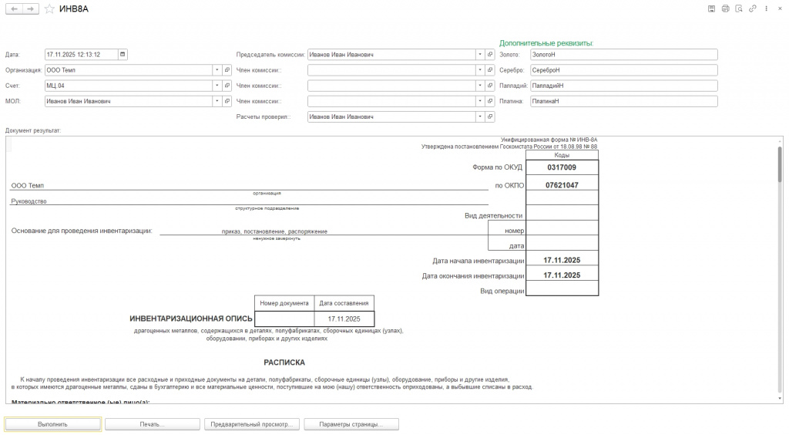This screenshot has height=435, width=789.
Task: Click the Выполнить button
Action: [53, 424]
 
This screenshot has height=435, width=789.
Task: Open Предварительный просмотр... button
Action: [253, 424]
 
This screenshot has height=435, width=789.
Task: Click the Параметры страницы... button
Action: [351, 424]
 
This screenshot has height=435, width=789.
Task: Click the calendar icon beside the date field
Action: [123, 55]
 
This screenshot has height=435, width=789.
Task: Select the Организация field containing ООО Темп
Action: [128, 70]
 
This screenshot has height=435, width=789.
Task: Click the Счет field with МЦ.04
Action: [128, 86]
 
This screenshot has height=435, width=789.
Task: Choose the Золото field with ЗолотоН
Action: [623, 55]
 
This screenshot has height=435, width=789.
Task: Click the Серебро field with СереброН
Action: [623, 70]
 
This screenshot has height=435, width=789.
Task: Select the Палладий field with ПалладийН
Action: [623, 86]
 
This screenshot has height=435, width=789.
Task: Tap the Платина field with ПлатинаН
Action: [623, 101]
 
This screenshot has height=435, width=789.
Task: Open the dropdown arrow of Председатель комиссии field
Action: [479, 55]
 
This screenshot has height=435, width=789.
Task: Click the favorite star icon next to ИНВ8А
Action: [49, 8]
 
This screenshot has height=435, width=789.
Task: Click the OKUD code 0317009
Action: [562, 167]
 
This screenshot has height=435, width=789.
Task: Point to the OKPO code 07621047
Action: [562, 185]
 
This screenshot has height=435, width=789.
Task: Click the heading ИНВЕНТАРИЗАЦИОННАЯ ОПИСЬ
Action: [191, 319]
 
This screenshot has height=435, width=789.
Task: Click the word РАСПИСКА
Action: [284, 362]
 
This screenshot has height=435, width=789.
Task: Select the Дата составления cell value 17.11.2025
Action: [344, 319]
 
